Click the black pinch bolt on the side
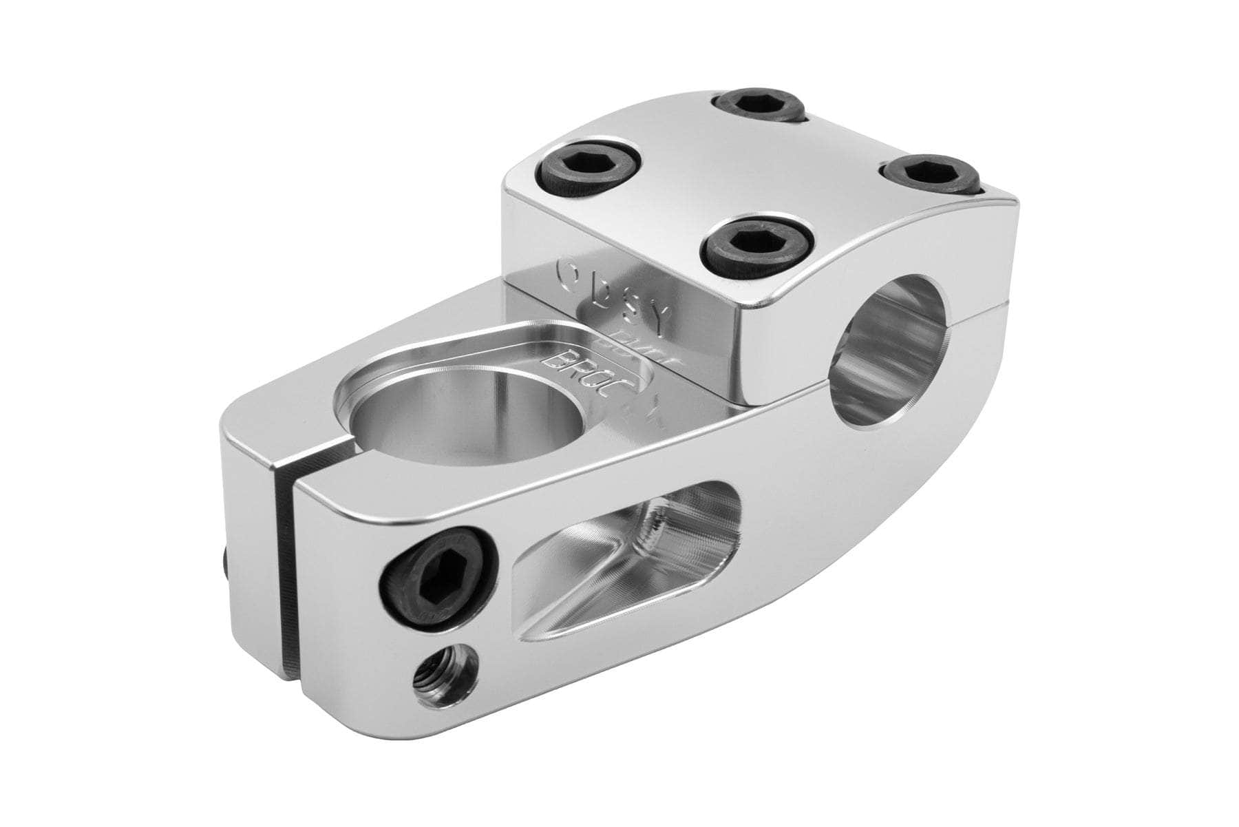click(438, 577)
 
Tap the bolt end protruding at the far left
click(228, 565)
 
